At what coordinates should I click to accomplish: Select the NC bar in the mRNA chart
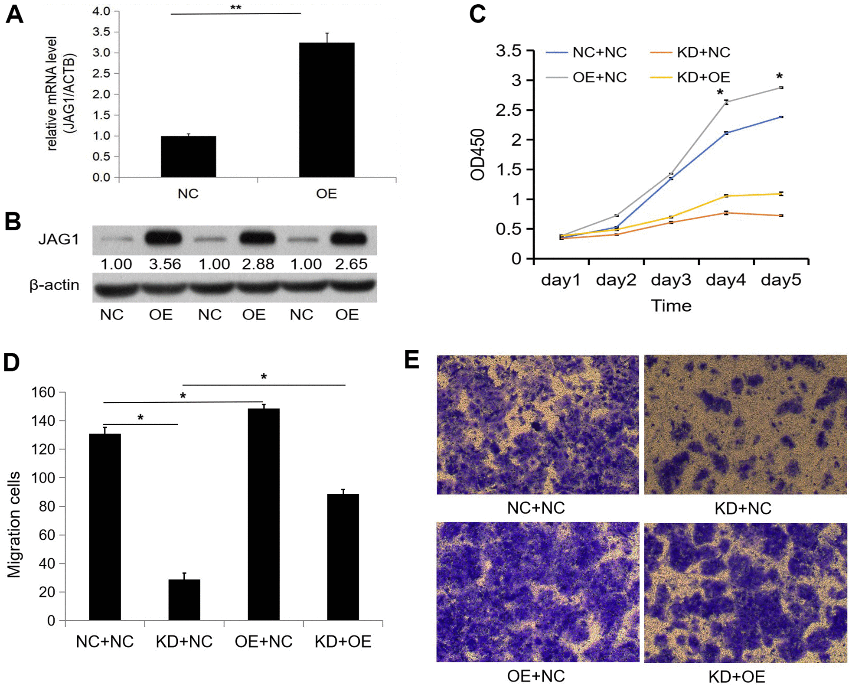(188, 156)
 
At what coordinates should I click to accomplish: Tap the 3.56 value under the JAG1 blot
(165, 264)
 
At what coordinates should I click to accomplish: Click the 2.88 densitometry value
(258, 264)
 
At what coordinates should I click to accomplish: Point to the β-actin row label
(54, 285)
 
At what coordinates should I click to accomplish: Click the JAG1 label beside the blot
(59, 239)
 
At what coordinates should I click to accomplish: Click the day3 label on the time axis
(671, 280)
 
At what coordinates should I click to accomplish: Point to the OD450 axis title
(478, 154)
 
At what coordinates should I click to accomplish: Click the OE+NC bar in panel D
(264, 514)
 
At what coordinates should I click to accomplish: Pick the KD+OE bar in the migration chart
(343, 557)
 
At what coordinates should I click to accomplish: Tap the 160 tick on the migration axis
(43, 392)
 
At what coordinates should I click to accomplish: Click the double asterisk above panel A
(235, 8)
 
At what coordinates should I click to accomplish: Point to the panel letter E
(411, 360)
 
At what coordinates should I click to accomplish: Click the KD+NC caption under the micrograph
(743, 508)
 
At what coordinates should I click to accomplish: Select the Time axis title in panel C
(671, 306)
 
